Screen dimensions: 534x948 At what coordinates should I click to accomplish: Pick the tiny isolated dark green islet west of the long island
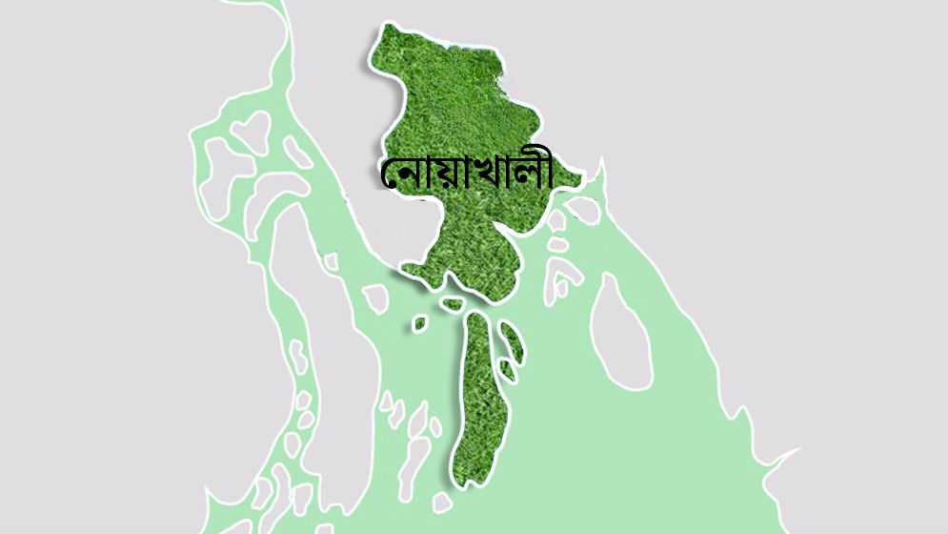point(419,324)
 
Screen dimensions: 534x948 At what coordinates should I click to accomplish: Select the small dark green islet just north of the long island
point(453,304)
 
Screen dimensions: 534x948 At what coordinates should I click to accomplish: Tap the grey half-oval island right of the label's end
point(584,210)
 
